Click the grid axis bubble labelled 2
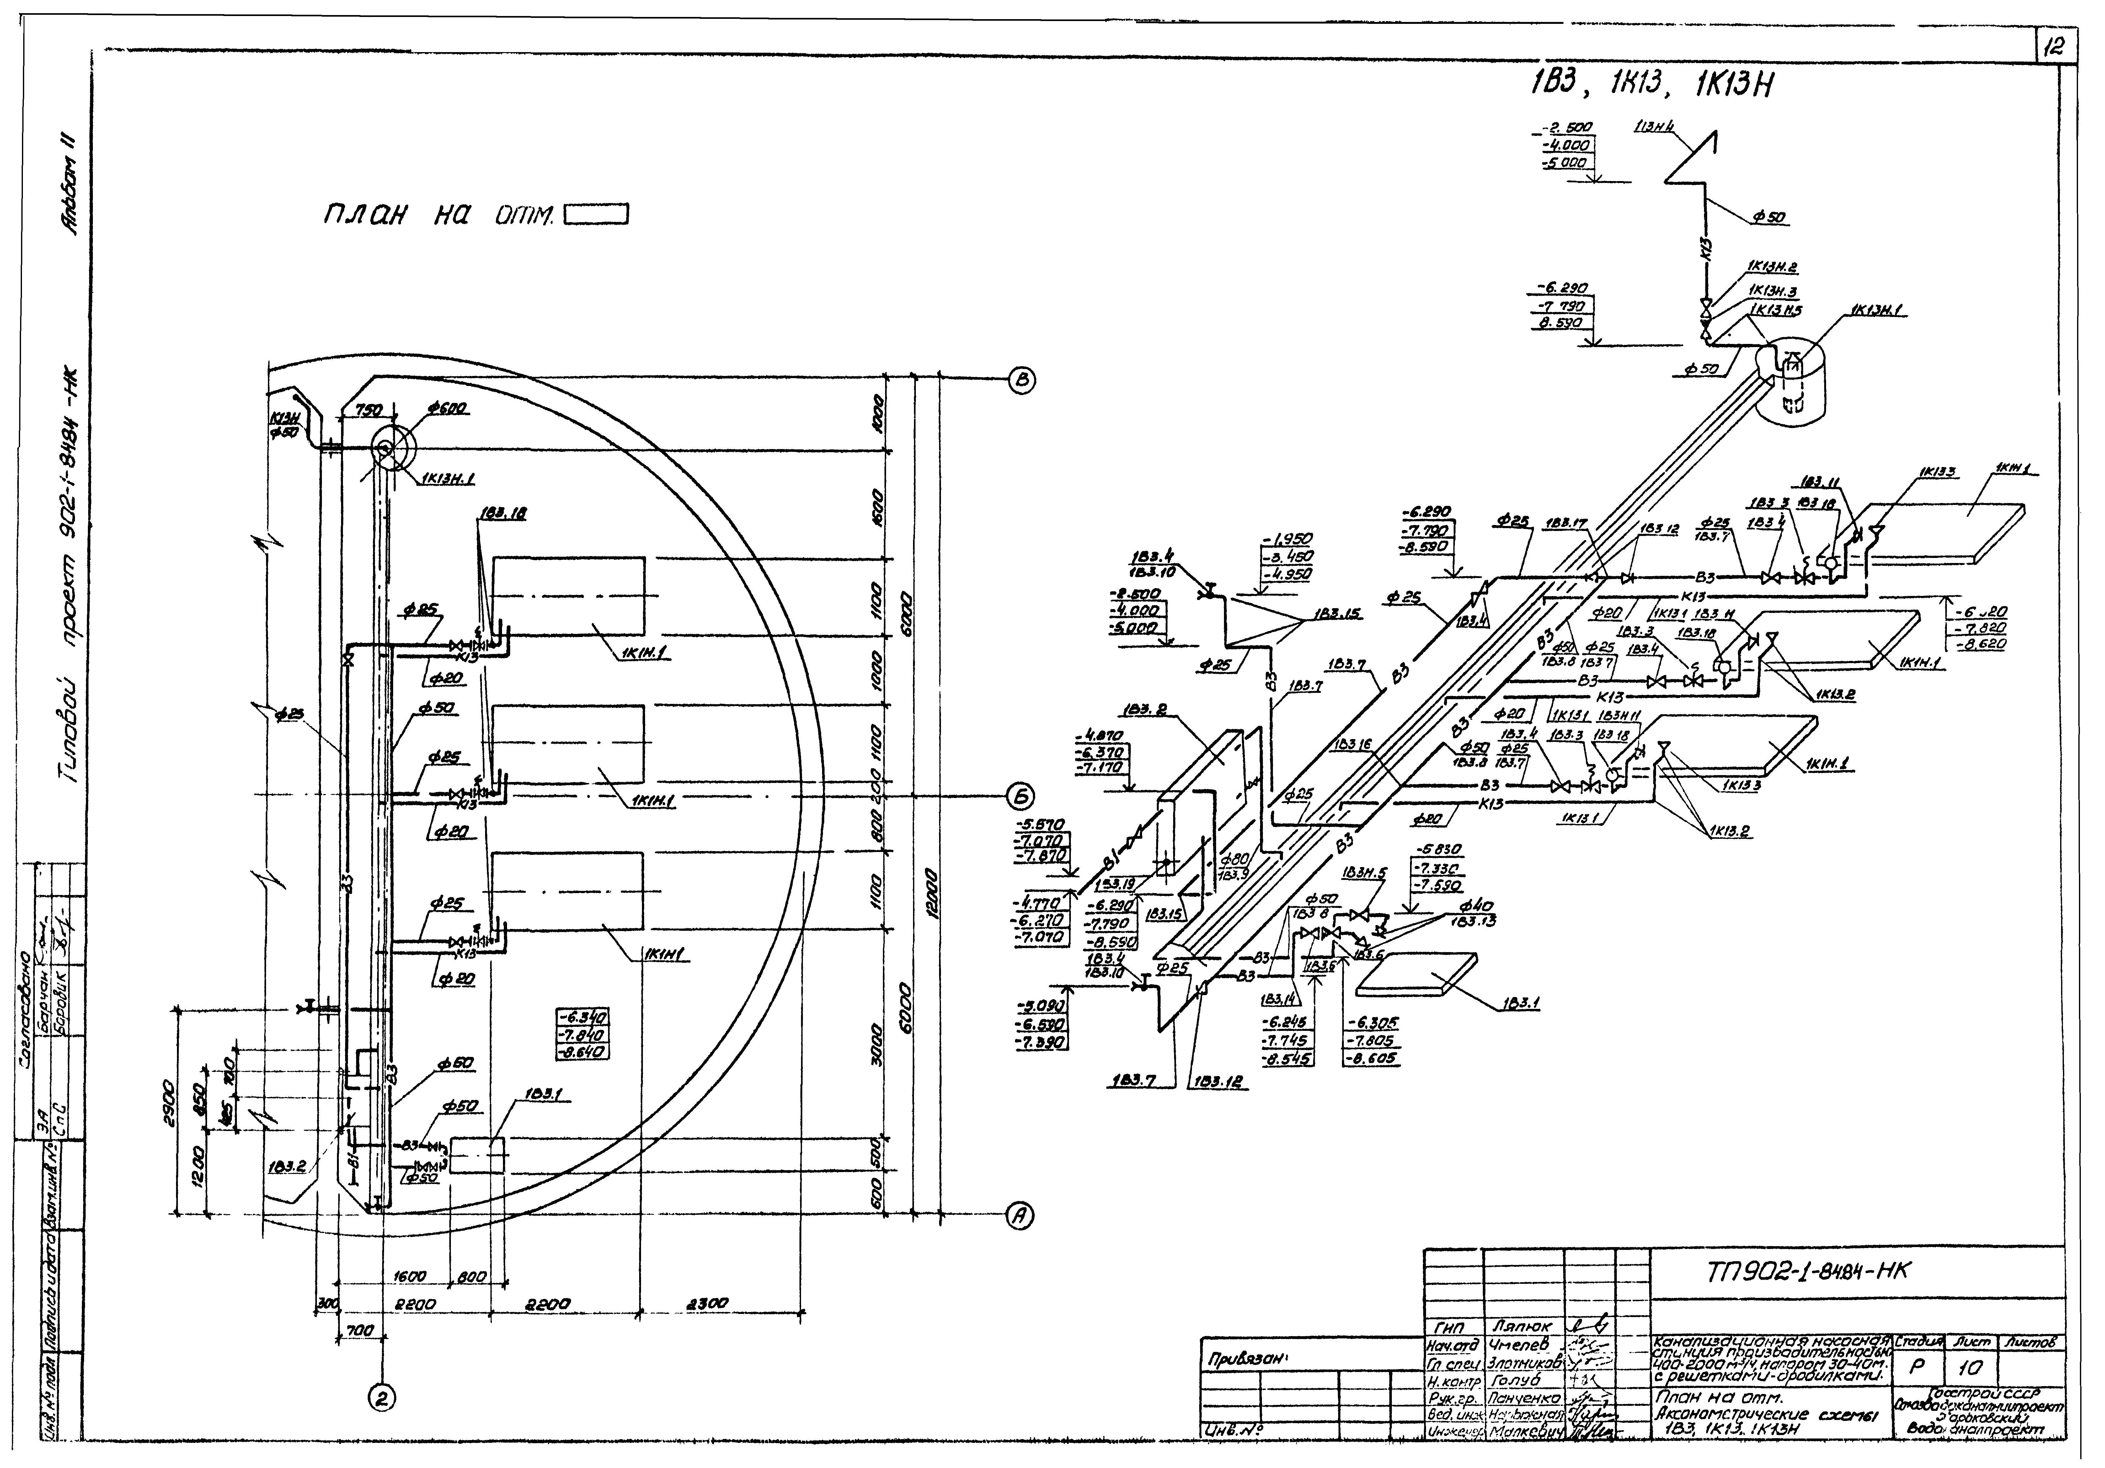click(x=382, y=1397)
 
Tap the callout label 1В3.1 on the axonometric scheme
click(x=1520, y=1004)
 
